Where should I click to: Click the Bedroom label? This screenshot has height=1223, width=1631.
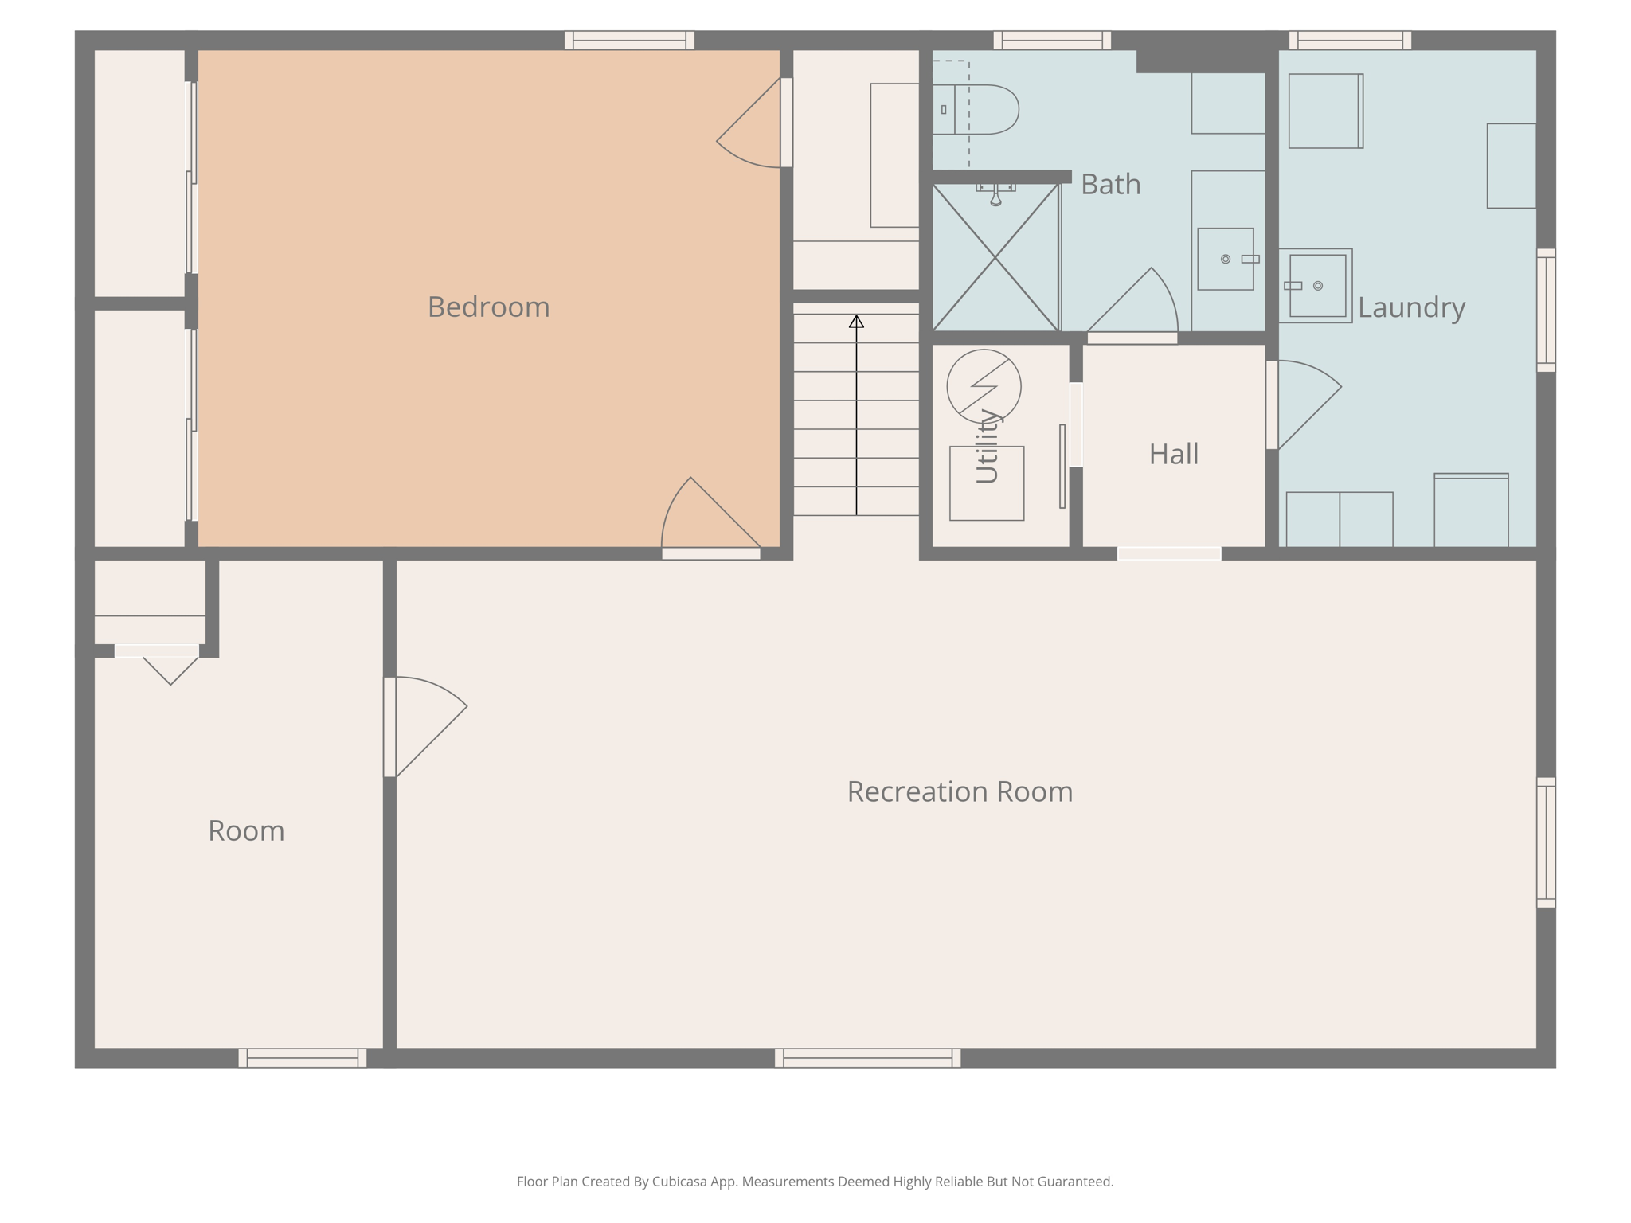tap(488, 307)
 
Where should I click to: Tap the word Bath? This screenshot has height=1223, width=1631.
tap(1110, 185)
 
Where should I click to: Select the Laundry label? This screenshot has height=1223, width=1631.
tap(1411, 307)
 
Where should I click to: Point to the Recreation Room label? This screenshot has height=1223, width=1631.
tap(960, 791)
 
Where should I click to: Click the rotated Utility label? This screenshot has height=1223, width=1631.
tap(987, 447)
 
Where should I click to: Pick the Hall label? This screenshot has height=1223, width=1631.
tap(1173, 455)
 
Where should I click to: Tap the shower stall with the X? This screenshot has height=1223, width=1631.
tap(995, 257)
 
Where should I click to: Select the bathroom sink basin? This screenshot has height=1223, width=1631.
tap(1225, 259)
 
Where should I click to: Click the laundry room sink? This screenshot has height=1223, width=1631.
tap(1317, 285)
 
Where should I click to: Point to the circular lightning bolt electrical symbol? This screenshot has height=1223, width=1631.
tap(984, 386)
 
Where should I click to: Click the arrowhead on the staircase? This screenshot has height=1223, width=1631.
tap(856, 322)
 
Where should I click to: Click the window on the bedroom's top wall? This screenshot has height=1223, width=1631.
tap(629, 40)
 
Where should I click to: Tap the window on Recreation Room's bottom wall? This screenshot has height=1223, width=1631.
tap(867, 1057)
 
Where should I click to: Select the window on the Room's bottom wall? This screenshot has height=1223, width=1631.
tap(302, 1057)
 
